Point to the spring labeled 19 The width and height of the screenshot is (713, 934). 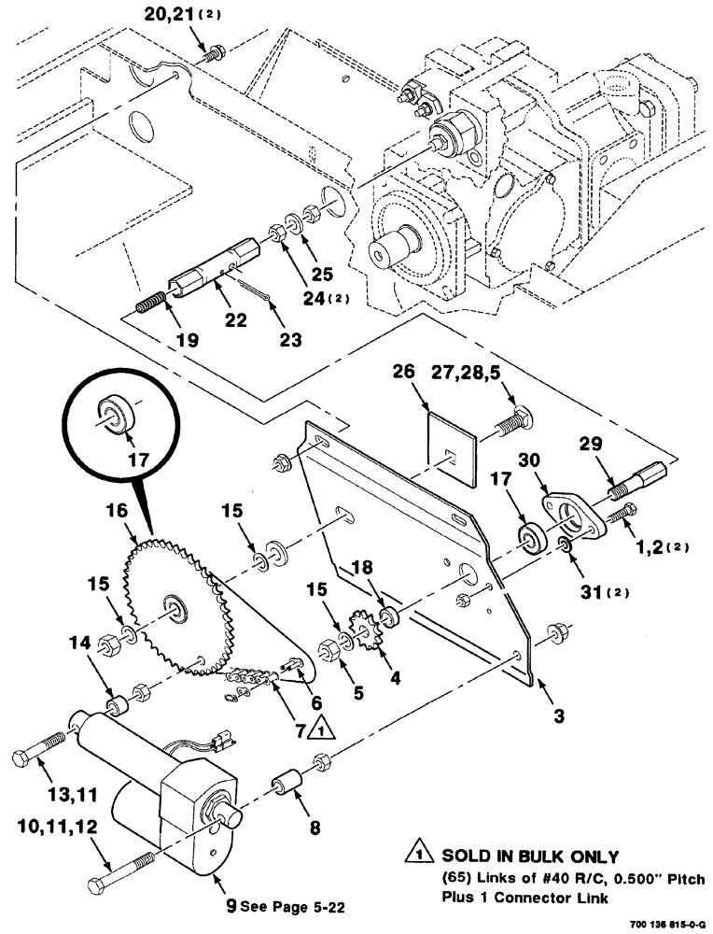152,302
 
